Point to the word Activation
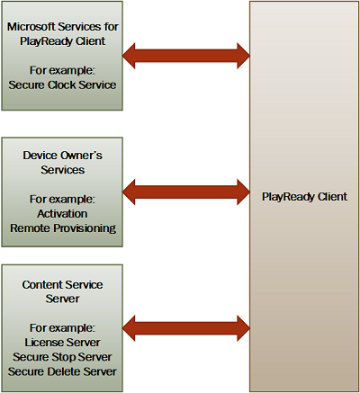(x=63, y=214)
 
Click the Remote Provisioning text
(x=63, y=228)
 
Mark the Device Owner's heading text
(x=63, y=156)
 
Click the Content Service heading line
(x=63, y=283)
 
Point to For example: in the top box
(x=63, y=69)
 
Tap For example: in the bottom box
(x=63, y=326)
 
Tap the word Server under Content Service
(x=63, y=298)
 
